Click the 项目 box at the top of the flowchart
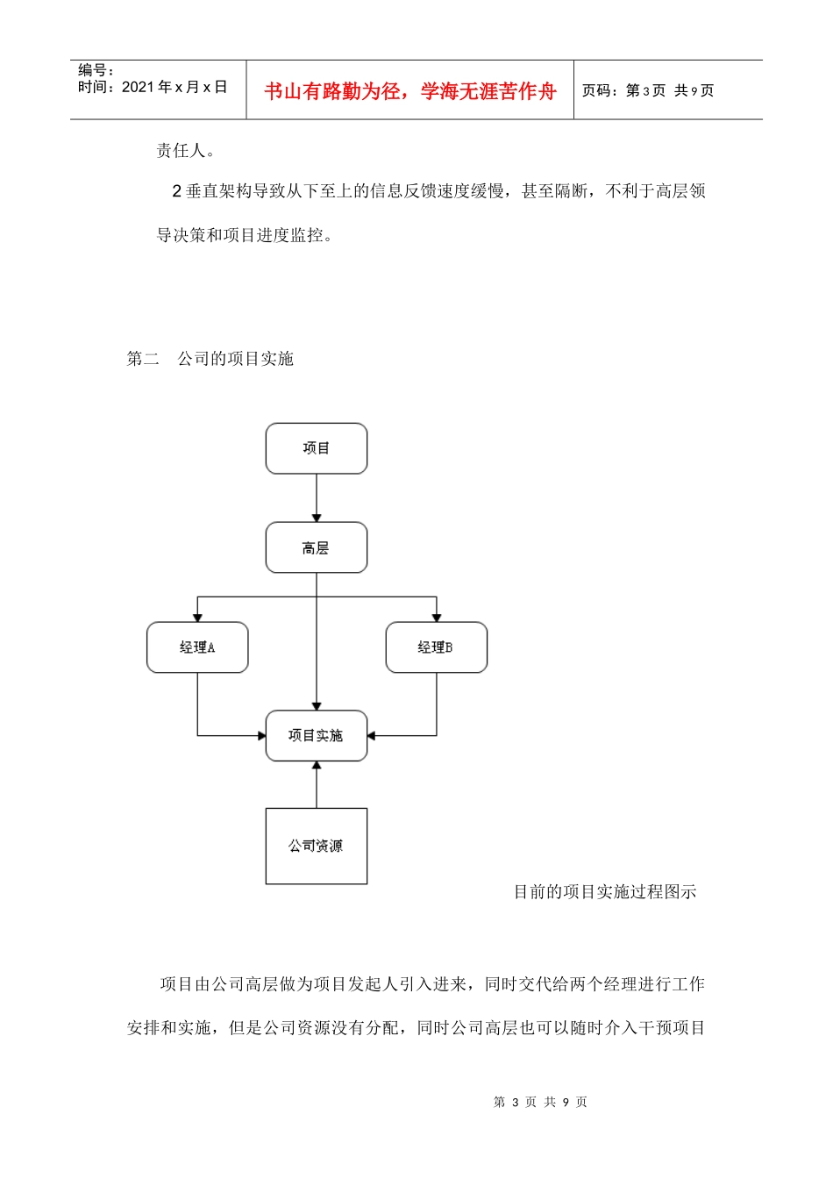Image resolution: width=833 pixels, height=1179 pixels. pyautogui.click(x=317, y=448)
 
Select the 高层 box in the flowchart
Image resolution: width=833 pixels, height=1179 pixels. pyautogui.click(x=317, y=548)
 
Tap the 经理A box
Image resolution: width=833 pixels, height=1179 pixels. pyautogui.click(x=197, y=647)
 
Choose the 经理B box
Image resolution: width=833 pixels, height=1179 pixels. pyautogui.click(x=436, y=647)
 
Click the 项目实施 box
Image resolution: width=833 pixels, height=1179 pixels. pyautogui.click(x=317, y=735)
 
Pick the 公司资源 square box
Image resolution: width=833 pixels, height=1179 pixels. pyautogui.click(x=317, y=846)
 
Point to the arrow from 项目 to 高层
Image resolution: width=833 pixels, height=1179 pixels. pyautogui.click(x=317, y=498)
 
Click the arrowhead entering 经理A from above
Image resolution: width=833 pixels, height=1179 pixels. pyautogui.click(x=197, y=618)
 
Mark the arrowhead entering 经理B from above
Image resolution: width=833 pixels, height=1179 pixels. pyautogui.click(x=437, y=618)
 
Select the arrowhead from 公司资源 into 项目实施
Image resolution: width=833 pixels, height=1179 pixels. pyautogui.click(x=317, y=766)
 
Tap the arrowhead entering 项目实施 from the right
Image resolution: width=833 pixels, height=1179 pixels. pyautogui.click(x=372, y=735)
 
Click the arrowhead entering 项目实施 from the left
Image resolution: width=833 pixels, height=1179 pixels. pyautogui.click(x=261, y=735)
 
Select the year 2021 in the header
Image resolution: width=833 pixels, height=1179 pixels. pyautogui.click(x=138, y=87)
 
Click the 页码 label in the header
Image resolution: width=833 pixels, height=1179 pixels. pyautogui.click(x=600, y=90)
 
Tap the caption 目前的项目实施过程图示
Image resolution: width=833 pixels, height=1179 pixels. pyautogui.click(x=605, y=892)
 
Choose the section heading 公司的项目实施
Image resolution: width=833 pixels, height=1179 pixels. pyautogui.click(x=235, y=358)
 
